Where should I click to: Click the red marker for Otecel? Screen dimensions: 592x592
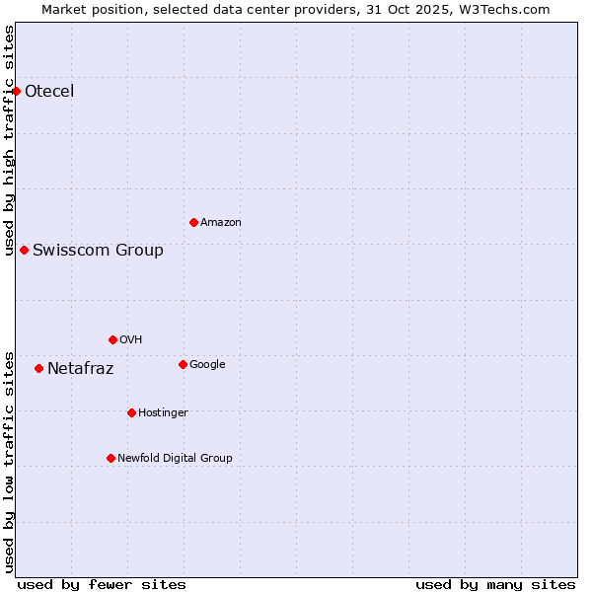point(16,91)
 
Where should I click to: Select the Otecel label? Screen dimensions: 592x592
point(49,92)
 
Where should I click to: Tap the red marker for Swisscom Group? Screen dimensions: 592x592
point(24,250)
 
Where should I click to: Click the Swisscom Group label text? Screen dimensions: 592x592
point(98,250)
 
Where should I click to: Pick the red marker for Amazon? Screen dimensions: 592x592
point(193,222)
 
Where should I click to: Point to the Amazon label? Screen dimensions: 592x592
point(220,222)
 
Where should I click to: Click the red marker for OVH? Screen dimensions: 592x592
point(112,339)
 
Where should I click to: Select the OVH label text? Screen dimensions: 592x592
point(130,339)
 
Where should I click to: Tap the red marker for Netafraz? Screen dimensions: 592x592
point(38,368)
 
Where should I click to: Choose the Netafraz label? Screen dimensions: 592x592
point(80,369)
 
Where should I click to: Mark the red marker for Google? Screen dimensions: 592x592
point(183,364)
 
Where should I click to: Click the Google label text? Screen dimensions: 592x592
point(207,364)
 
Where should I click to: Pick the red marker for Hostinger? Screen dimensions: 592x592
point(131,412)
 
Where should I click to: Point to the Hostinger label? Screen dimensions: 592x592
point(163,412)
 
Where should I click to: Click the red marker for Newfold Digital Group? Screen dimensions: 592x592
point(111,458)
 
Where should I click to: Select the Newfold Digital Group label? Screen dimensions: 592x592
point(175,458)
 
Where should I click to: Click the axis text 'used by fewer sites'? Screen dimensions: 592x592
point(102,584)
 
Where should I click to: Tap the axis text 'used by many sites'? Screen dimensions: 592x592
point(495,584)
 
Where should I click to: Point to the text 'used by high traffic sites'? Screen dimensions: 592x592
point(9,140)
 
